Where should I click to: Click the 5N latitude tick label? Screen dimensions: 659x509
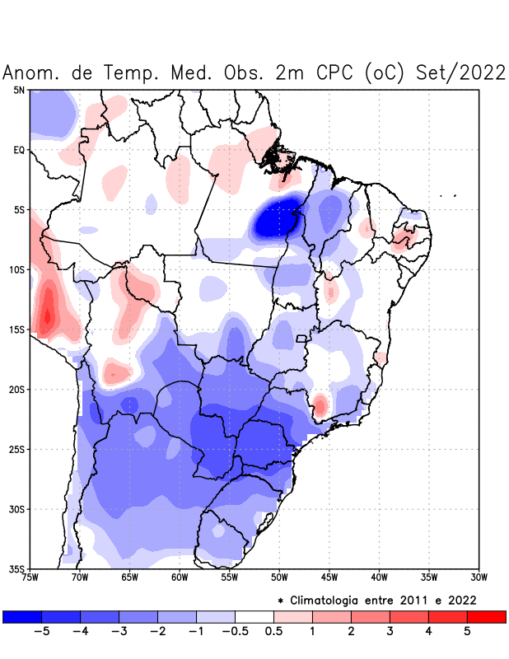pos(19,90)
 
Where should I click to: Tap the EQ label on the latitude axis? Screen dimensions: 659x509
pos(19,150)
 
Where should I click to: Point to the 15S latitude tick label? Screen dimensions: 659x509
pos(17,329)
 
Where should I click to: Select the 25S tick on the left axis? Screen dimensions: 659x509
pos(17,449)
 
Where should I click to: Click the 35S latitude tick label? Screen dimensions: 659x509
pos(17,568)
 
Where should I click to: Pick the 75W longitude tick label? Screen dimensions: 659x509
pos(30,577)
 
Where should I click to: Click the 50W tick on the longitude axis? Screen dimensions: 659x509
pos(279,577)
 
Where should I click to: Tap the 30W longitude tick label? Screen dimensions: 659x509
pos(479,577)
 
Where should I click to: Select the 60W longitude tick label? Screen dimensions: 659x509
pos(180,577)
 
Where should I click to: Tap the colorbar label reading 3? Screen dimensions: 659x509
pos(390,631)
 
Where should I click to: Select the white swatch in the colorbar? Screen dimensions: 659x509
pos(254,616)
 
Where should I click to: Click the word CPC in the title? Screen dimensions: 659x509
pos(333,72)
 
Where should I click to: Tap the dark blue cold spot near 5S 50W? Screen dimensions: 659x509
pos(271,220)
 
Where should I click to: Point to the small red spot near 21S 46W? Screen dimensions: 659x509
pos(320,404)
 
